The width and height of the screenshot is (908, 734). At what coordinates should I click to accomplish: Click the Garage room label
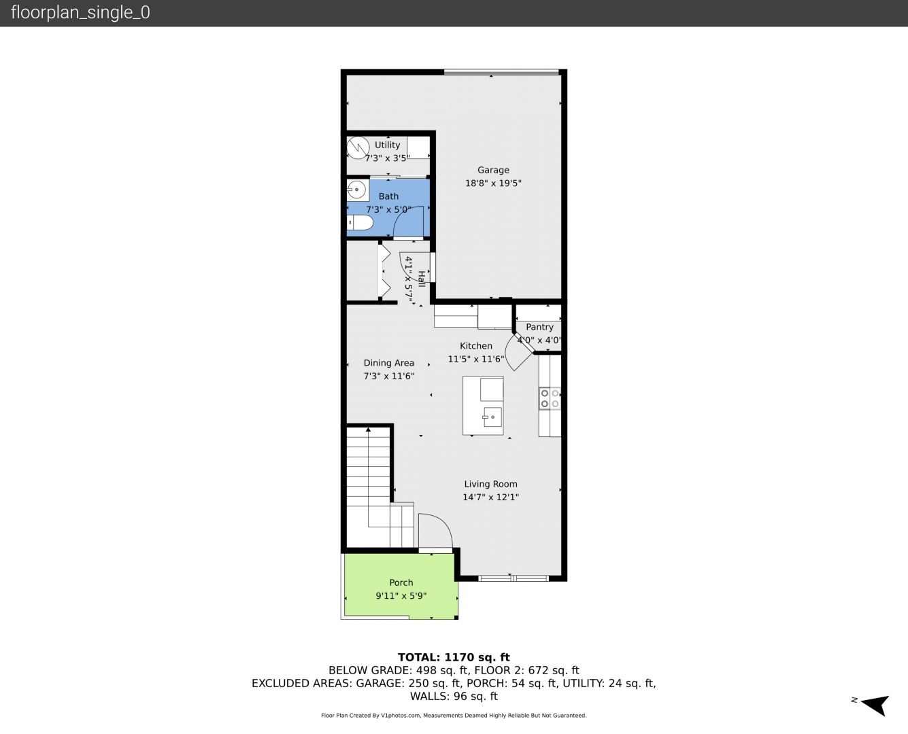[493, 170]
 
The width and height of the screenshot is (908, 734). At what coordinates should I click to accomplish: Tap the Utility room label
[387, 145]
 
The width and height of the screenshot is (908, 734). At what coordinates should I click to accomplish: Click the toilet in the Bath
[360, 222]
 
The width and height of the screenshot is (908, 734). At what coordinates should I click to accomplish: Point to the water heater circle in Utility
[358, 147]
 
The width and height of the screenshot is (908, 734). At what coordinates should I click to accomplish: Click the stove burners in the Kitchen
[550, 398]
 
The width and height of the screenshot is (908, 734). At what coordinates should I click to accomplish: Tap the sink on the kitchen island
[492, 417]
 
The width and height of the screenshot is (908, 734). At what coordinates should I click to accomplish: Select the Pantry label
[539, 327]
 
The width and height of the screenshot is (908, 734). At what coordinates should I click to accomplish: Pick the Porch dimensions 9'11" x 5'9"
[401, 595]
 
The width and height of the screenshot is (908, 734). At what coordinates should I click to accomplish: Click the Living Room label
[490, 484]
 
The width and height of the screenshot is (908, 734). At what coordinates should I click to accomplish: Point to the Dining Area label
[389, 363]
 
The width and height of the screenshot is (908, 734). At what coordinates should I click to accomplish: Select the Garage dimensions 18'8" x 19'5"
[493, 183]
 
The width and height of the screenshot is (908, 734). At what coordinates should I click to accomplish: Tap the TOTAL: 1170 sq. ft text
[454, 657]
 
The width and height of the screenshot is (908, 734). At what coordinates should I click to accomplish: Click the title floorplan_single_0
[80, 13]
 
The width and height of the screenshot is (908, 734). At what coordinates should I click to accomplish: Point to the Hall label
[421, 279]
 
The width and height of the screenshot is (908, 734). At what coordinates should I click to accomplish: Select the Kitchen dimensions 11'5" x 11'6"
[476, 359]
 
